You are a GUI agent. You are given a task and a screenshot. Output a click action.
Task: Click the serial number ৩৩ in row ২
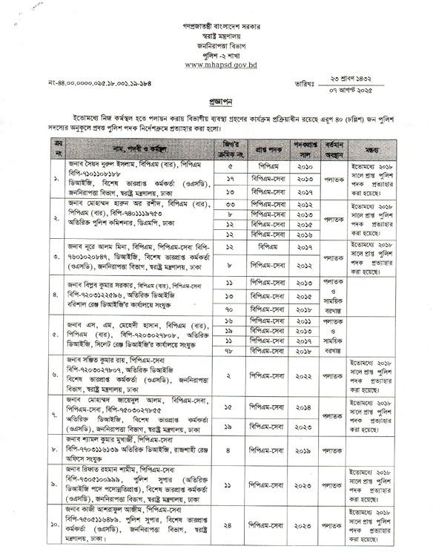tap(230, 204)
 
